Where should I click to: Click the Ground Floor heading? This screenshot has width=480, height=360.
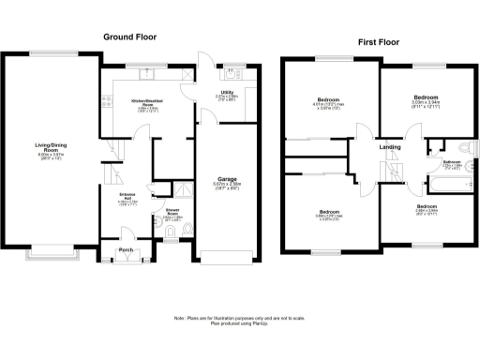pos(130,37)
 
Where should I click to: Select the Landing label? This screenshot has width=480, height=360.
pos(390,147)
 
